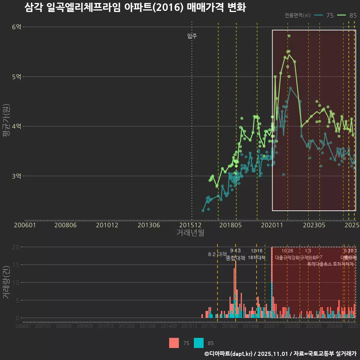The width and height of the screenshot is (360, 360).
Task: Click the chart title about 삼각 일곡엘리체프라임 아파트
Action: click(x=135, y=7)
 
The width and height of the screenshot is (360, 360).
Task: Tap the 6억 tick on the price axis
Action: click(x=16, y=27)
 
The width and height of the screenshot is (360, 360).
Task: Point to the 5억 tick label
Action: click(x=16, y=77)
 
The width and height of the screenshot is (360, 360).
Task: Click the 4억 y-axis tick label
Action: click(x=16, y=126)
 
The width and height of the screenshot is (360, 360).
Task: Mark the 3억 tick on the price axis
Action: click(x=16, y=176)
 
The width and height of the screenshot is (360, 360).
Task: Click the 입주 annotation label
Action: click(x=192, y=36)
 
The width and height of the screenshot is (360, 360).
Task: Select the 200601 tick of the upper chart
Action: click(x=25, y=225)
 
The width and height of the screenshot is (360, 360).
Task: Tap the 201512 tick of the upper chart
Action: click(x=192, y=225)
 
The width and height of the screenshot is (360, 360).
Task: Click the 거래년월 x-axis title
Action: click(x=190, y=232)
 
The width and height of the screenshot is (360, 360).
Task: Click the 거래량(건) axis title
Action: click(x=6, y=283)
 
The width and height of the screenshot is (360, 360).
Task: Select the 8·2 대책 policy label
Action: click(x=217, y=254)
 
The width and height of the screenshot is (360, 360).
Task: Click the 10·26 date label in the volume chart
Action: click(x=287, y=251)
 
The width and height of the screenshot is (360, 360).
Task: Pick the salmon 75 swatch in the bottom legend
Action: click(x=174, y=343)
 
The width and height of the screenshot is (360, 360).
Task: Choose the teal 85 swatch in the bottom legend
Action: click(x=199, y=343)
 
